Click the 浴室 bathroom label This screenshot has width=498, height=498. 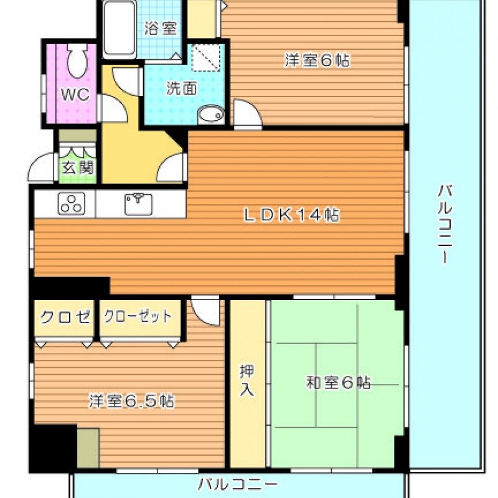tap(161, 28)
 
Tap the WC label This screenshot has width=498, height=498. tap(75, 94)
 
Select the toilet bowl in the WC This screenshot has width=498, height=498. tap(77, 60)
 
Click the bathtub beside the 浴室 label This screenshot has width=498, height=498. tap(120, 29)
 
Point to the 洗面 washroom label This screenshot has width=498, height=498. tap(182, 88)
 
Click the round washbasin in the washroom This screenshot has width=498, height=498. tap(210, 114)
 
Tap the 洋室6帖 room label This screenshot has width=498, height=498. tap(317, 60)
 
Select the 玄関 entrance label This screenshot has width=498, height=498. tap(78, 167)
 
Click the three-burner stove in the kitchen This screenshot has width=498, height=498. tap(72, 204)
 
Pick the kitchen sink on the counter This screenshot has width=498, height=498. tap(138, 204)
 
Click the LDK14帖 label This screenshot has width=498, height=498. tap(291, 215)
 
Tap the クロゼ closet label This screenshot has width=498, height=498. tap(65, 316)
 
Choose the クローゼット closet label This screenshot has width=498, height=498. tap(138, 316)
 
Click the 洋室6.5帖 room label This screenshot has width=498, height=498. tap(132, 401)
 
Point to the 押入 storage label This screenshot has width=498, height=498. tap(247, 380)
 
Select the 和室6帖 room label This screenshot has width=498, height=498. tap(338, 382)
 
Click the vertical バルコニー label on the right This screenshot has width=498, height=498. tap(445, 224)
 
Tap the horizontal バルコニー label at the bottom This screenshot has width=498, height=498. tap(238, 484)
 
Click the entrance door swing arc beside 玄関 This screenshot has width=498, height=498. tap(40, 167)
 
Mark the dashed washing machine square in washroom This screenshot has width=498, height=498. tap(206, 57)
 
